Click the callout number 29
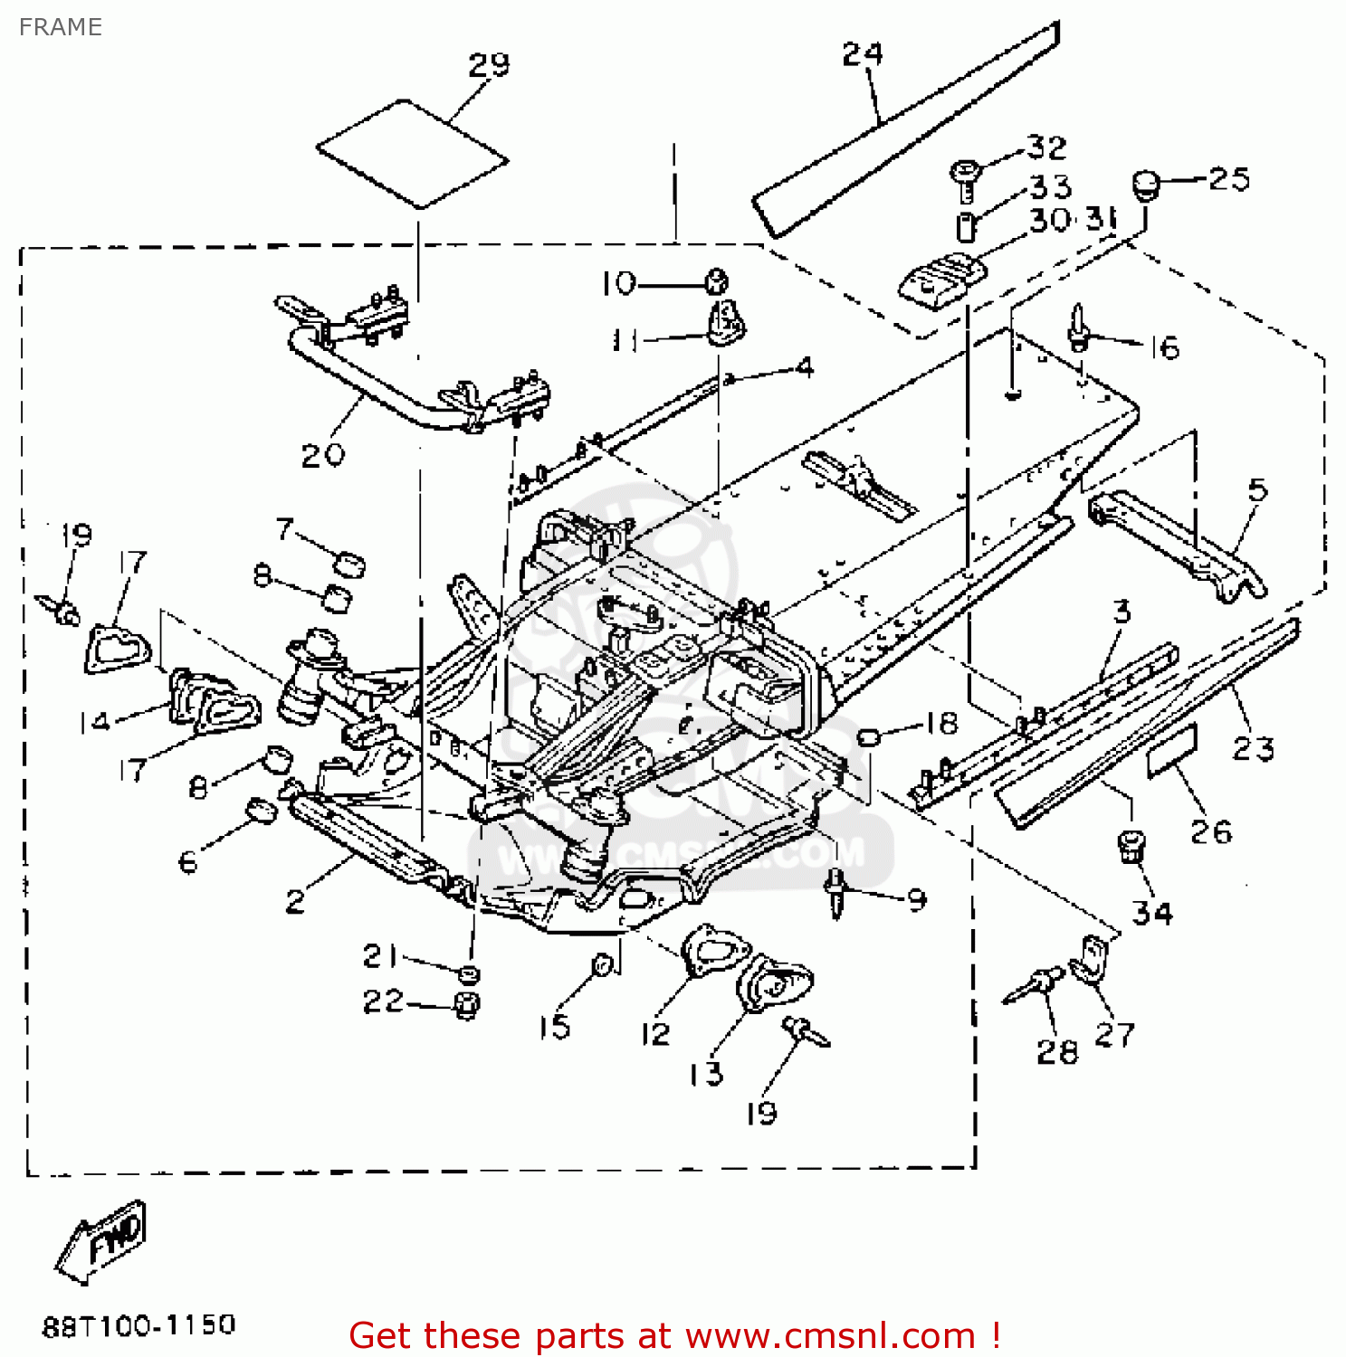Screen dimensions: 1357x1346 click(489, 65)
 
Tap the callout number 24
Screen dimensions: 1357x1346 click(862, 54)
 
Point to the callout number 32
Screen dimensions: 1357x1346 click(1046, 147)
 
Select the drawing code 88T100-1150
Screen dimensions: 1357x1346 click(138, 1325)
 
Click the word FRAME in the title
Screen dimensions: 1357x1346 click(60, 27)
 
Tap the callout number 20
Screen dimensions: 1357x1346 click(322, 454)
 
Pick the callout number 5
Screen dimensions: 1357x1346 click(1257, 490)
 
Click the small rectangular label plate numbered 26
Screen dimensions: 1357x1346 click(1171, 751)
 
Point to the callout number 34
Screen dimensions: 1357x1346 click(1152, 913)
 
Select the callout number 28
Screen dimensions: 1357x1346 click(1056, 1051)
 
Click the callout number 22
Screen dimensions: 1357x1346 click(382, 1001)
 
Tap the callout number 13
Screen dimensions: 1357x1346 click(705, 1074)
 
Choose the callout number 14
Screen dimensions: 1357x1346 click(94, 722)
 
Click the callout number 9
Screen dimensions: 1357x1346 click(916, 899)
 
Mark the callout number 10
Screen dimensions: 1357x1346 click(619, 284)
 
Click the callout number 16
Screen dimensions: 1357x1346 click(1165, 348)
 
